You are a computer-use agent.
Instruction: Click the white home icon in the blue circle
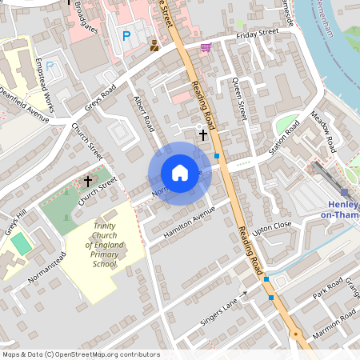(x=180, y=173)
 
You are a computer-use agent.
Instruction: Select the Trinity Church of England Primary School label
(x=104, y=246)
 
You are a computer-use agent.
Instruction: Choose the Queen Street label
(x=238, y=100)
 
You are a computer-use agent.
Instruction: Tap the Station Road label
(x=283, y=137)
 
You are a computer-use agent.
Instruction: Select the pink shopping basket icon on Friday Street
(x=206, y=47)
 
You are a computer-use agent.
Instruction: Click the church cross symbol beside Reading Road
(x=202, y=135)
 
